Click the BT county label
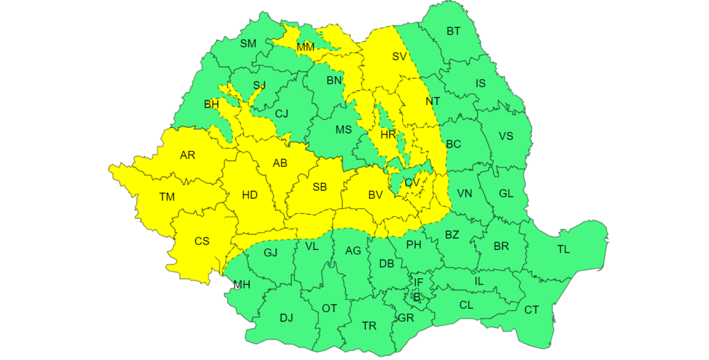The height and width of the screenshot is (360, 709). point(454,31)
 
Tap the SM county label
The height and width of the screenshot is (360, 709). point(248,44)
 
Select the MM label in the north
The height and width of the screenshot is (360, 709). point(305,47)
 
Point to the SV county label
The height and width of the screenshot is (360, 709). point(399,57)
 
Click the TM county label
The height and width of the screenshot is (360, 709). point(167,197)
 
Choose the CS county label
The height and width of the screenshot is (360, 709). point(201,242)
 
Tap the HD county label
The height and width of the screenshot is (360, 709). point(249,195)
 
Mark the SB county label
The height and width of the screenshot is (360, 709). point(320,187)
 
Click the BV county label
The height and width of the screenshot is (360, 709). point(375,196)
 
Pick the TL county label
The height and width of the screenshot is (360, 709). point(564,249)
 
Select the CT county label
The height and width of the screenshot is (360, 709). point(531,310)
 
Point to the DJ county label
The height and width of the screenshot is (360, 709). point(287,318)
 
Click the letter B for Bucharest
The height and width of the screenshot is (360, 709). point(416,297)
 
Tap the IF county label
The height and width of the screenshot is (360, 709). point(418,282)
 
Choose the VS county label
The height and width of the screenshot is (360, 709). point(506,136)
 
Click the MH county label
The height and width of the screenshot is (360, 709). point(242,285)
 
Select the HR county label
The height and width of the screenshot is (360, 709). point(388,134)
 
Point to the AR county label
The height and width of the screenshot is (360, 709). point(188,155)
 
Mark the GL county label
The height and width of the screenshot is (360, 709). point(506,194)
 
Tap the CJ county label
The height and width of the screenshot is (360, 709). point(282,114)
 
